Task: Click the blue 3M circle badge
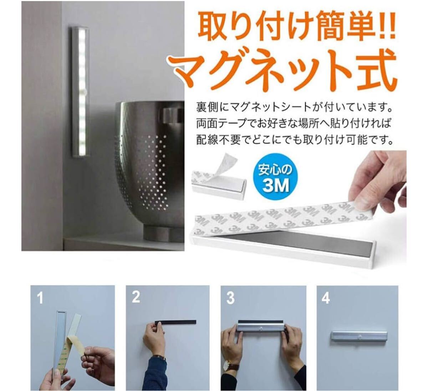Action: (x=275, y=177)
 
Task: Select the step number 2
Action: (x=136, y=297)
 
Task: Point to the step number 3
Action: (x=230, y=298)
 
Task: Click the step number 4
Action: (x=326, y=298)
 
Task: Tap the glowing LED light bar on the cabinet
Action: (x=81, y=91)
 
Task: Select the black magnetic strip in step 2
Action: (x=175, y=322)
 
